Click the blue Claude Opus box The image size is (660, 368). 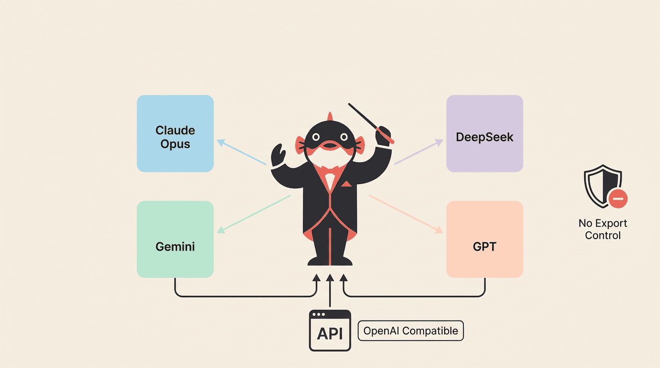(175, 133)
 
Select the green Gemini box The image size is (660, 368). (175, 239)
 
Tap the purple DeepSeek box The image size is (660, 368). (484, 133)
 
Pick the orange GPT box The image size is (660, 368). (484, 239)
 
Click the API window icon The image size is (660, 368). (330, 330)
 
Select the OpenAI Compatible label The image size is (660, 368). (411, 331)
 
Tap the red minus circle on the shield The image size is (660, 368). (618, 199)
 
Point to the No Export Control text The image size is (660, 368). (603, 230)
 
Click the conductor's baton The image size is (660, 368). (371, 123)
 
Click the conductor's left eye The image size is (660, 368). (316, 137)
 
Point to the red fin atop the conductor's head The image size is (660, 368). (330, 116)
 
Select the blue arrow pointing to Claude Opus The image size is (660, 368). (241, 152)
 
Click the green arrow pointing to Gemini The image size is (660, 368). (254, 214)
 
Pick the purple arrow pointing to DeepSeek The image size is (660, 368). (418, 151)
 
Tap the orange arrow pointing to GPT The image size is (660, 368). (406, 214)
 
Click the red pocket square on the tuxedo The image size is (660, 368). (346, 184)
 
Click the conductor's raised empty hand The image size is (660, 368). (278, 155)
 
